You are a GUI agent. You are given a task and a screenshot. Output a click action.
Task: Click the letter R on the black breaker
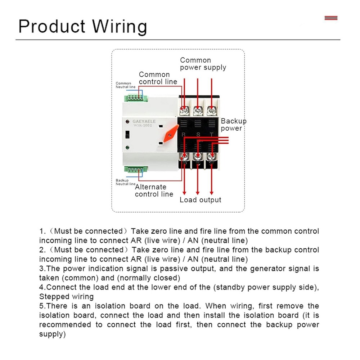184,135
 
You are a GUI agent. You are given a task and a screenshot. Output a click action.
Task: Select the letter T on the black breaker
212,135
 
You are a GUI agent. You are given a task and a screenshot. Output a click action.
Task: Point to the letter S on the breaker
198,135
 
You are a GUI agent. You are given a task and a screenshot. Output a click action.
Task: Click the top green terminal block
136,97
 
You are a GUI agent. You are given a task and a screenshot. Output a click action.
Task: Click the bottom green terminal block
136,169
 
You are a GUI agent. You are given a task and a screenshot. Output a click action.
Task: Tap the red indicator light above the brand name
127,122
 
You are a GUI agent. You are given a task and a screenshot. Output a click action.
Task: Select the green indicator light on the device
127,148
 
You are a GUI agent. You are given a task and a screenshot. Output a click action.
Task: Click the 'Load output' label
201,200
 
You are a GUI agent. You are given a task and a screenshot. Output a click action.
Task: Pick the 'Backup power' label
233,125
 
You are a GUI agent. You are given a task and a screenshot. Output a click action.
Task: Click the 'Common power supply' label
203,64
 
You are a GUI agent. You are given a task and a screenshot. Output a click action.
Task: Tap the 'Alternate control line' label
154,190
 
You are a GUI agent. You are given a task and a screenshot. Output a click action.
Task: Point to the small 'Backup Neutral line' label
125,182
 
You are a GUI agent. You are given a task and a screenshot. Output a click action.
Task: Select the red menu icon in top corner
331,18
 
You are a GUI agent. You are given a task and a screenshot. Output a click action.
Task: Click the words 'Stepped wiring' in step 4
66,297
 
